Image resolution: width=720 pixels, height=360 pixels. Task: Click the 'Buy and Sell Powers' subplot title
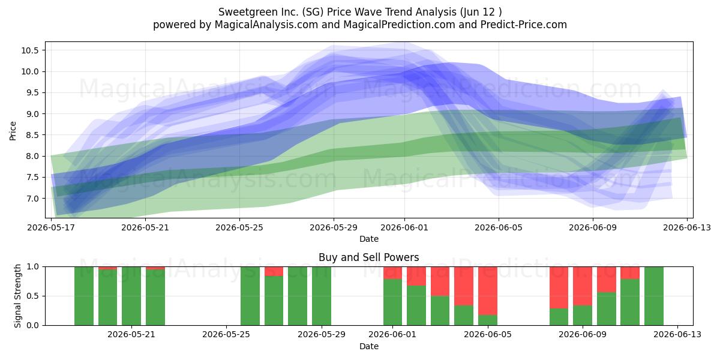(x=368, y=257)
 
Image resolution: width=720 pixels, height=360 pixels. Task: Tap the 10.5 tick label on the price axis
(x=30, y=50)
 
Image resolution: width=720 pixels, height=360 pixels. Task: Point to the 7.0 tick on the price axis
(x=32, y=199)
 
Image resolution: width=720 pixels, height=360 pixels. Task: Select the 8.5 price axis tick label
(x=32, y=135)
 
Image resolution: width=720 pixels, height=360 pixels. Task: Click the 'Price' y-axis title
(x=13, y=131)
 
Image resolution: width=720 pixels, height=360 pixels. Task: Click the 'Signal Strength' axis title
(x=17, y=296)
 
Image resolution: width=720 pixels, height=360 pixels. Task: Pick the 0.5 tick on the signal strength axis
(x=32, y=296)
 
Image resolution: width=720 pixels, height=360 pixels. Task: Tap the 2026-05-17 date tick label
(x=51, y=227)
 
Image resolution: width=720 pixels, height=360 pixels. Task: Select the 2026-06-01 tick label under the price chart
(x=404, y=227)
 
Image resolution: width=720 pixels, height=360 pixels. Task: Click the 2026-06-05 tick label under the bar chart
(x=488, y=334)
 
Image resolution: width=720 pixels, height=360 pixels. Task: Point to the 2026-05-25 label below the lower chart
(x=226, y=334)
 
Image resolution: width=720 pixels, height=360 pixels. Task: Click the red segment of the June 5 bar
(x=488, y=291)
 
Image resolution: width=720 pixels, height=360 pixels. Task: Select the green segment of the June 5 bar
(x=488, y=320)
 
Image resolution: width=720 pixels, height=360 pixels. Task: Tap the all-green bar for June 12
(x=654, y=296)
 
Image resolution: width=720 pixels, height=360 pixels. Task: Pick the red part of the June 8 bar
(x=559, y=287)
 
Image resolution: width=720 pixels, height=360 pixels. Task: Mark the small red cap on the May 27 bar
(x=274, y=271)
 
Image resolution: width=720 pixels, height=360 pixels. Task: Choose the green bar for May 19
(x=84, y=296)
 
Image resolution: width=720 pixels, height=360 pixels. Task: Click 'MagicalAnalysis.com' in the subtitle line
(x=266, y=25)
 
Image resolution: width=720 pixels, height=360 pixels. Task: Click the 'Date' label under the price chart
(x=368, y=239)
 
